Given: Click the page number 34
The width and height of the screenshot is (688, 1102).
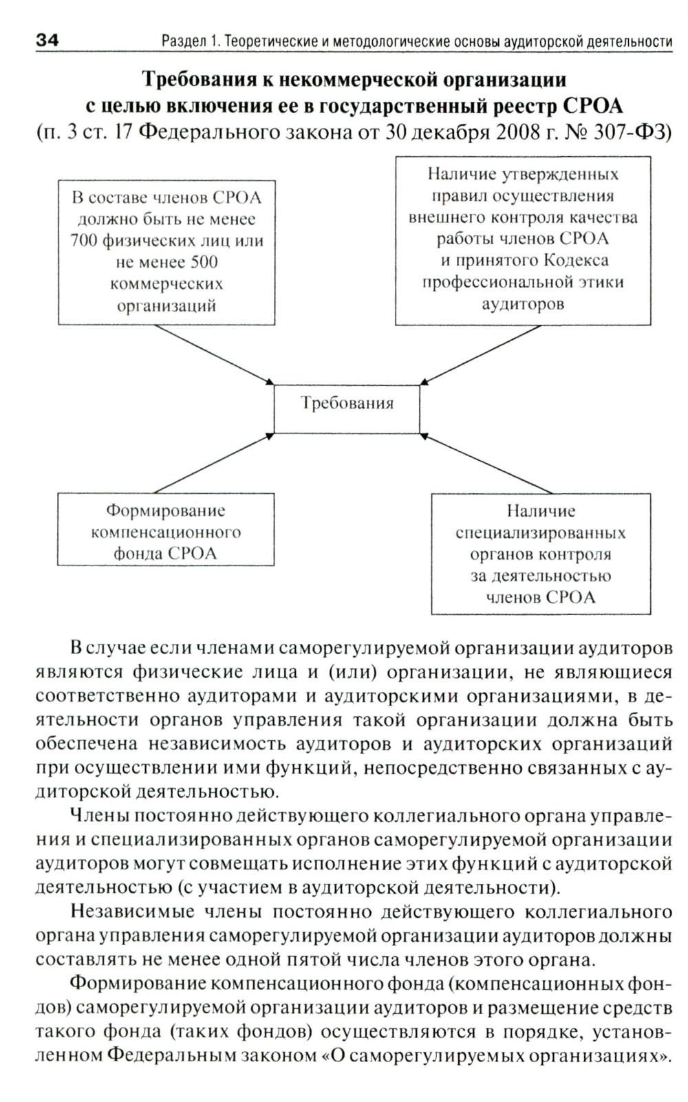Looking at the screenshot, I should click(x=47, y=41).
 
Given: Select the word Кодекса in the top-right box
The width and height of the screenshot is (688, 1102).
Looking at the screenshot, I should click(x=577, y=260).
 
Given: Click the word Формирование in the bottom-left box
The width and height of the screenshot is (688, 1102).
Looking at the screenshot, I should click(x=165, y=510).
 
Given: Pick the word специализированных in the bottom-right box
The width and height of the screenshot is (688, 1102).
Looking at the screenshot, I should click(x=540, y=532).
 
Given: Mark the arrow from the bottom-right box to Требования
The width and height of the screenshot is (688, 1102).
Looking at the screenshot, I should click(x=485, y=464).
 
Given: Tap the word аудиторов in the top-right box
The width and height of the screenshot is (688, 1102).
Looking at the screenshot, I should click(x=523, y=303).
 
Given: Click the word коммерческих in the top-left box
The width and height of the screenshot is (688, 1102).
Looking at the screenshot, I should click(x=166, y=283).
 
